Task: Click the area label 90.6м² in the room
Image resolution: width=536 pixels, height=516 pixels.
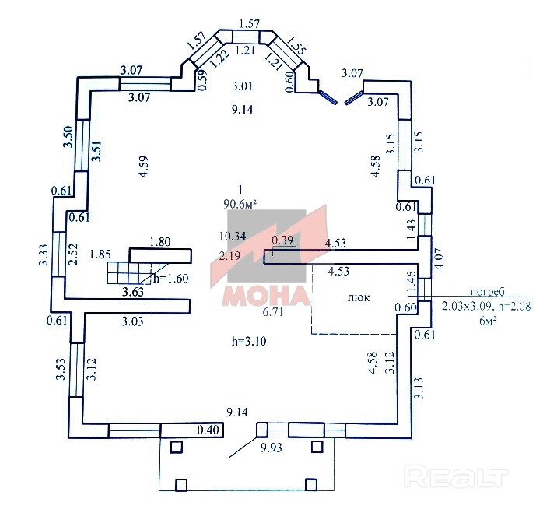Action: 240,205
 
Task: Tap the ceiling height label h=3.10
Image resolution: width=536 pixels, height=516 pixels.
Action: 248,341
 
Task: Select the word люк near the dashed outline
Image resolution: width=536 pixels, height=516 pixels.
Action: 359,297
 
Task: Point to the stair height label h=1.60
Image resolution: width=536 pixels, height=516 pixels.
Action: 171,277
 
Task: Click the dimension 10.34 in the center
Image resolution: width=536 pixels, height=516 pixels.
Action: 233,235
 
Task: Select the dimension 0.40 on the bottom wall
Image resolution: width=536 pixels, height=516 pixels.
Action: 208,430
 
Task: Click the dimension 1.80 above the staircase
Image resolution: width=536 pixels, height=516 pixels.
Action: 159,241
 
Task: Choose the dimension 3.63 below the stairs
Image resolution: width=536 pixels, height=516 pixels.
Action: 134,293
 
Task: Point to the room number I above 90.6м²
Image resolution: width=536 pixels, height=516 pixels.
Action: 240,189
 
